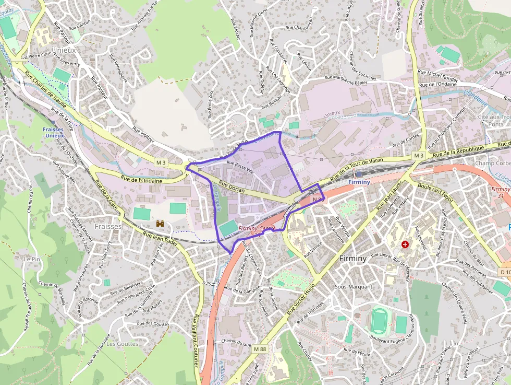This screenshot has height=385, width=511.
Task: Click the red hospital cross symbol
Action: click(x=405, y=244)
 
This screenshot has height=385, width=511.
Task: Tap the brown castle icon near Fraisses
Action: click(x=160, y=224)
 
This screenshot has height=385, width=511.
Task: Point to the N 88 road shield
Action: click(x=318, y=199)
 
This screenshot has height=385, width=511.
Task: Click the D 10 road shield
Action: click(x=505, y=272)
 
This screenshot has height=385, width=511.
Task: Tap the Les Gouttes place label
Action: click(x=123, y=344)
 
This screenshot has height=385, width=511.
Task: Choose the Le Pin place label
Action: click(x=32, y=259)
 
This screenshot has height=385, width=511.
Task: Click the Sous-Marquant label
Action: click(x=354, y=287)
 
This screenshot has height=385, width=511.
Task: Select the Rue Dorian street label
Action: click(x=232, y=188)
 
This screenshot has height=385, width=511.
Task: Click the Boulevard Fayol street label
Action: click(x=433, y=191)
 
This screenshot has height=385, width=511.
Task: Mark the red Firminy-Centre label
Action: click(x=257, y=229)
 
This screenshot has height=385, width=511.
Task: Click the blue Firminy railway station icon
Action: click(x=358, y=174)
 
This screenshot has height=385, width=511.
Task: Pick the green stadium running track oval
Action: click(x=379, y=319)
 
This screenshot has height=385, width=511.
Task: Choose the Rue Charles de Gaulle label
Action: click(x=50, y=94)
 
